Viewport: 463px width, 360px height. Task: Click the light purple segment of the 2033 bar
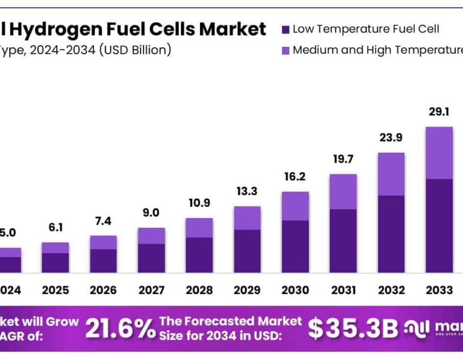click(439, 153)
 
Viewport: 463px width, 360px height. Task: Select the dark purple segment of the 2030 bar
click(295, 246)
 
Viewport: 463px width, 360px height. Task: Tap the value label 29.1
click(439, 112)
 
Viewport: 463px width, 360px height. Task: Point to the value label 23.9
click(391, 138)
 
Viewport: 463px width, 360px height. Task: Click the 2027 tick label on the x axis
click(151, 290)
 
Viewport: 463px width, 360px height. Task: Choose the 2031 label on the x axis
click(343, 290)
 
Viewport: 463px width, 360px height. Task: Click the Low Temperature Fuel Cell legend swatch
click(286, 29)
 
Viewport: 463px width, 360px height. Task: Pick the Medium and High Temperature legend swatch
click(286, 50)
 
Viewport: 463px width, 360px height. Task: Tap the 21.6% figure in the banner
click(119, 329)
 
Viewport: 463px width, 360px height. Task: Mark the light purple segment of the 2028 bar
click(199, 227)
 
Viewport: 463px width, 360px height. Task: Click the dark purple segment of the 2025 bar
click(56, 262)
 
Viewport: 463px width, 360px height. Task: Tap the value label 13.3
click(247, 192)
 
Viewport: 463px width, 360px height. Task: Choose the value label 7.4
click(103, 221)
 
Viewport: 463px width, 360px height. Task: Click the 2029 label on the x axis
click(247, 290)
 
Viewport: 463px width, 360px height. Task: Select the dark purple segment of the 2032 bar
click(391, 234)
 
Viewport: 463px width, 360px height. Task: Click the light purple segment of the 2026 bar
click(103, 242)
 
